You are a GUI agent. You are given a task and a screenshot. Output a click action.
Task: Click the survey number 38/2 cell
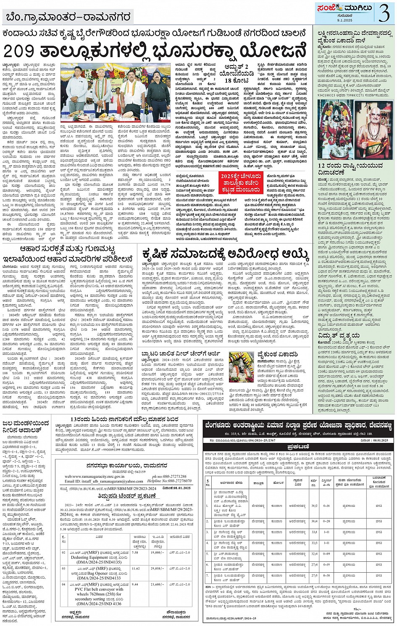314,506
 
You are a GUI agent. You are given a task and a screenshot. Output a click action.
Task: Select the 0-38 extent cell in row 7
326,575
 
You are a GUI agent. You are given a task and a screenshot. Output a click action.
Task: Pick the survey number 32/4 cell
314,554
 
